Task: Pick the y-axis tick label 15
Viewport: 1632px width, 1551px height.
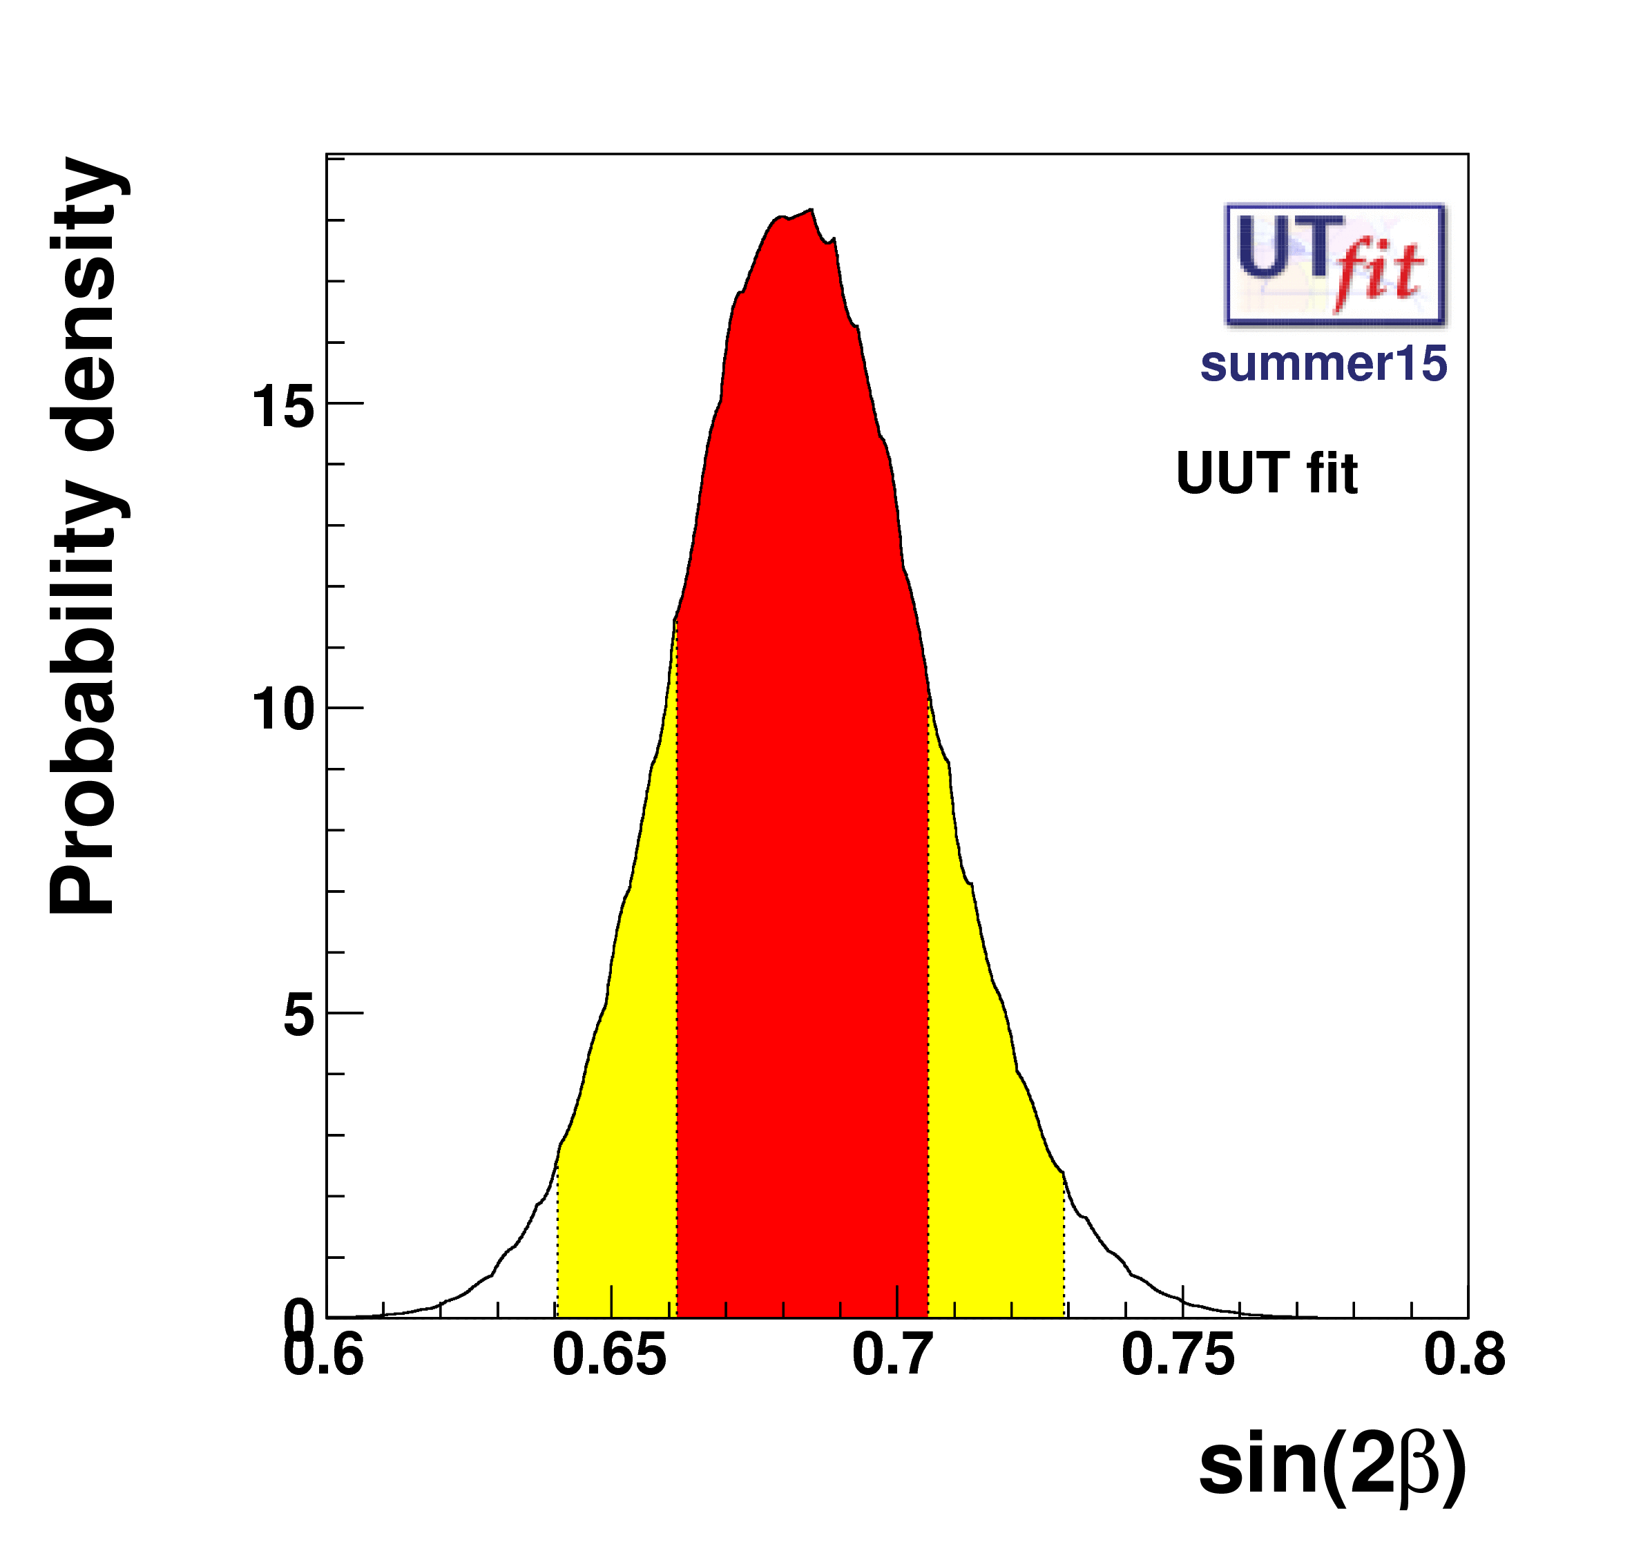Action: pyautogui.click(x=282, y=407)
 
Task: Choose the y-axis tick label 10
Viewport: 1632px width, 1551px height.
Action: pyautogui.click(x=282, y=710)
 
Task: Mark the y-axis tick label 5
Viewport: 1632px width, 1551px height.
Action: pyautogui.click(x=298, y=1015)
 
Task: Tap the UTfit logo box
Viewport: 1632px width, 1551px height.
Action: pyautogui.click(x=1334, y=264)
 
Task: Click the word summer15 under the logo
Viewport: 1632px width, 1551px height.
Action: pyautogui.click(x=1323, y=364)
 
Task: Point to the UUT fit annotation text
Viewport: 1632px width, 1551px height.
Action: pyautogui.click(x=1266, y=474)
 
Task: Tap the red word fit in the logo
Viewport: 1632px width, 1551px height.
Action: pyautogui.click(x=1379, y=272)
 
